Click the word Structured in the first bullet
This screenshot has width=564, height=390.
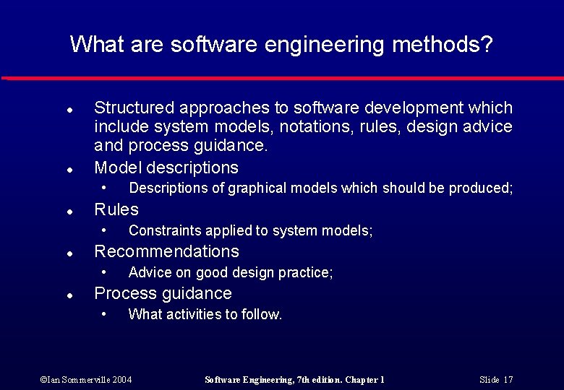(x=134, y=108)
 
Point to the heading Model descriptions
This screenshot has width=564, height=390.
(x=166, y=168)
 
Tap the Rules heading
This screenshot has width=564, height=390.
(x=116, y=209)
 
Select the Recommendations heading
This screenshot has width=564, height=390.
(x=166, y=251)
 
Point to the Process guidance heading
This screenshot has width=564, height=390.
(x=163, y=293)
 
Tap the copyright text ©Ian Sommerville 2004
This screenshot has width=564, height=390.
(x=86, y=379)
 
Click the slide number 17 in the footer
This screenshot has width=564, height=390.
(x=508, y=379)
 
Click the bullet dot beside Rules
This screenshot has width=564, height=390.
(x=68, y=212)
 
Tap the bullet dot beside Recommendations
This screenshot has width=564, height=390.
(x=68, y=254)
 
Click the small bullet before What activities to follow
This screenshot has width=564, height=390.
(x=104, y=313)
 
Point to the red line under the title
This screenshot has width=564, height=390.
(x=282, y=78)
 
